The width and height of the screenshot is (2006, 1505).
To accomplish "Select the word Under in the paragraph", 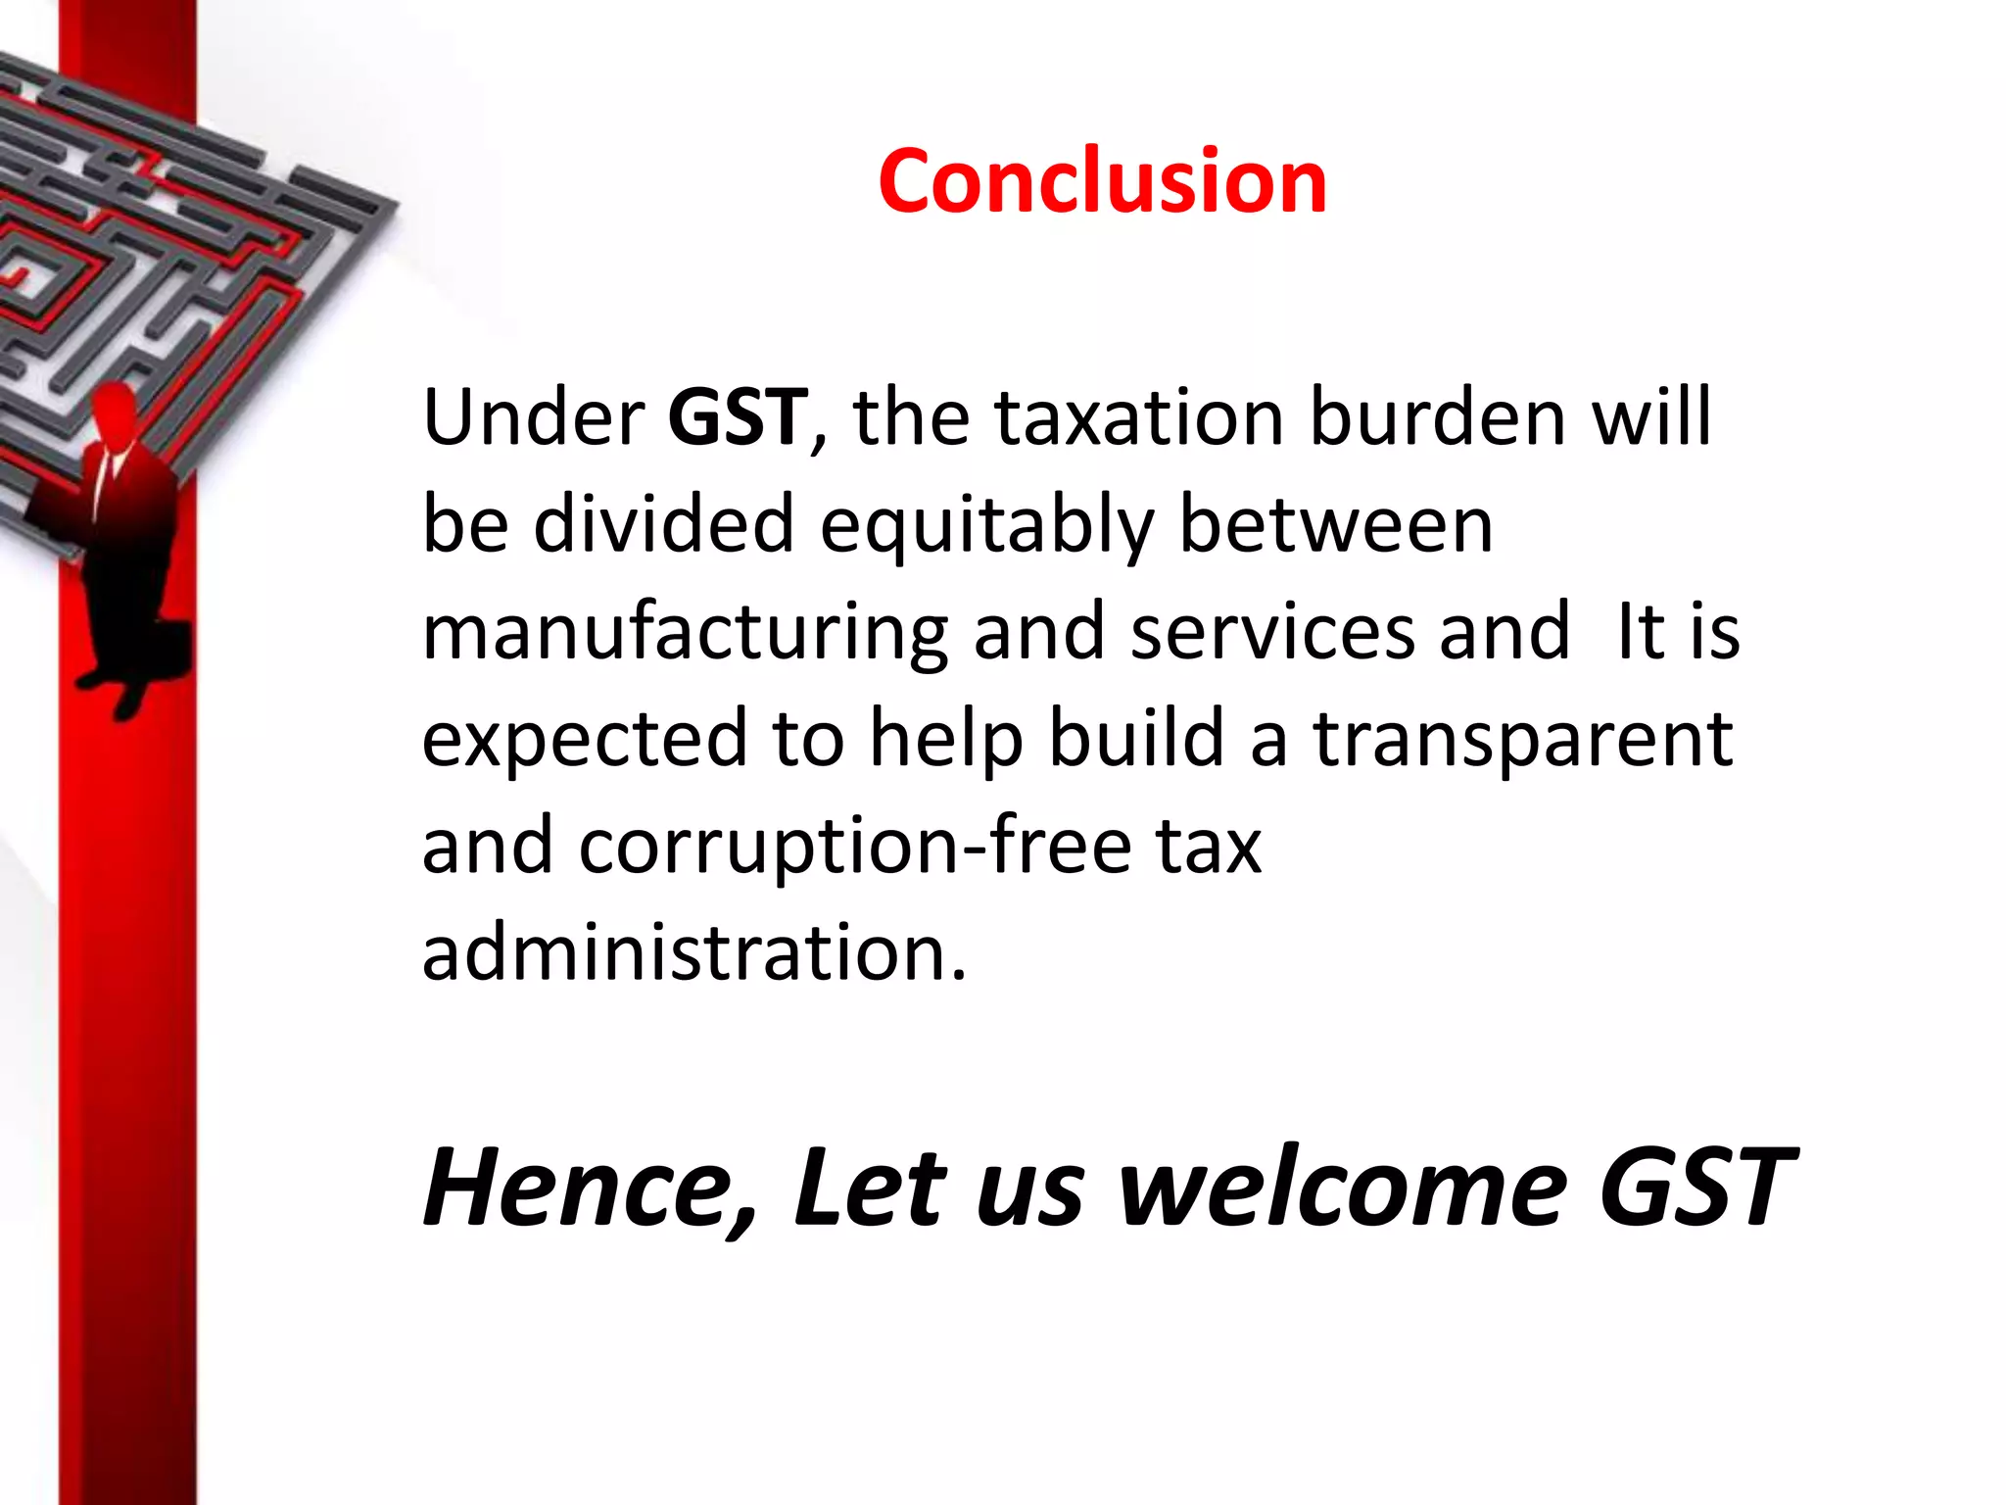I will pos(533,417).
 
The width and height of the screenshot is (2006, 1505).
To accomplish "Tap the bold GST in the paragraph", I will pos(738,417).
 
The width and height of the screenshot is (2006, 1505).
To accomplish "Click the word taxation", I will pos(1138,417).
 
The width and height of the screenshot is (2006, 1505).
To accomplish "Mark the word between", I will pos(1336,524).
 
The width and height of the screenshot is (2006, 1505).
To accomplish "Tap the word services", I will pos(1272,632).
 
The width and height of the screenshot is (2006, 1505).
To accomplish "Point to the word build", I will pos(1136,738).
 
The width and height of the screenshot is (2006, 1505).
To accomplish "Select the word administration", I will pos(693,952).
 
